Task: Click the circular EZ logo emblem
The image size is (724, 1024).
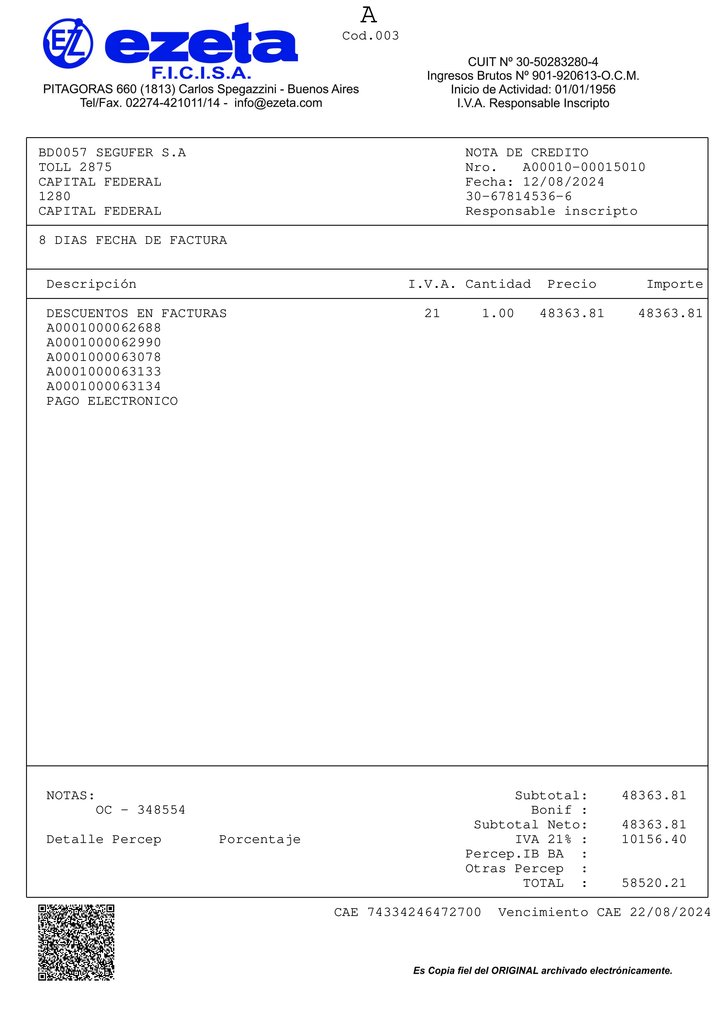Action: (68, 43)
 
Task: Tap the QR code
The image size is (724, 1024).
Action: (76, 942)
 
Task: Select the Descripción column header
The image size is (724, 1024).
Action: (91, 284)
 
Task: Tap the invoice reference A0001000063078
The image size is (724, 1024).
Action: (103, 357)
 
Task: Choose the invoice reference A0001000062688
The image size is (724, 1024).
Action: (103, 328)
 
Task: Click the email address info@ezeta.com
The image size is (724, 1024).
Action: (278, 103)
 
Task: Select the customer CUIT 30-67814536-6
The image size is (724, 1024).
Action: (519, 197)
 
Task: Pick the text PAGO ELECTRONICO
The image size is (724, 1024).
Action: (112, 401)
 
